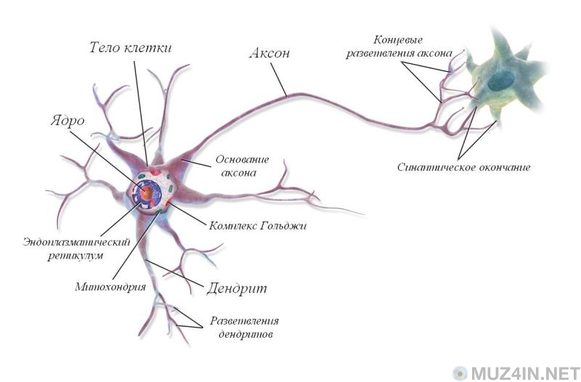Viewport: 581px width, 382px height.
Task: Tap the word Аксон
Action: [270, 53]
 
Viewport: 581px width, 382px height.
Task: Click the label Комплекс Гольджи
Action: [257, 226]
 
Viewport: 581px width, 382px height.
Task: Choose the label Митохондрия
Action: [110, 286]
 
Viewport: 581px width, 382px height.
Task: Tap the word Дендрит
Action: [237, 288]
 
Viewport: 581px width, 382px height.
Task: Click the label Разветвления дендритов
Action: [244, 328]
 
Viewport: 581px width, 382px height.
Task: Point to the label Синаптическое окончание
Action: [463, 167]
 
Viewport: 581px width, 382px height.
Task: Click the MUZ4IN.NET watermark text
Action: [522, 373]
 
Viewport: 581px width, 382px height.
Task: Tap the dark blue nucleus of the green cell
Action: [500, 81]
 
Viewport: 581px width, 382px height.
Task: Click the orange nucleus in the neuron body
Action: [147, 192]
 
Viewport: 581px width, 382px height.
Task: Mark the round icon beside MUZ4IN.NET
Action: [460, 373]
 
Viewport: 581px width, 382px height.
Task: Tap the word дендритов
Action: [244, 335]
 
